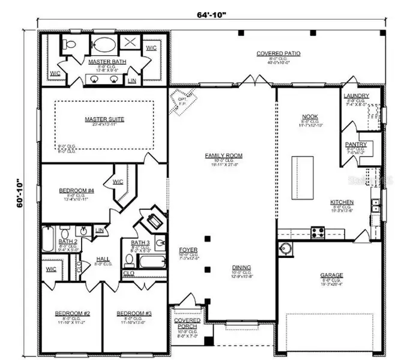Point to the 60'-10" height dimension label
[x=20, y=193]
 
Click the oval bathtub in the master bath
[x=105, y=46]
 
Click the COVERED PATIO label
[x=279, y=54]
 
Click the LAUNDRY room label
[x=356, y=96]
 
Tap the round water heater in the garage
[x=286, y=248]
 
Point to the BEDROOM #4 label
[x=76, y=191]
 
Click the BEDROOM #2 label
[x=73, y=313]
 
